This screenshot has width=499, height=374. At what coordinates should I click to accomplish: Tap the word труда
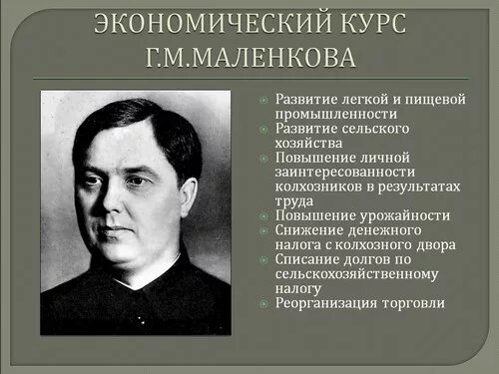click(x=291, y=199)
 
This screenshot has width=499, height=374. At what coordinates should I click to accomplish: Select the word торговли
click(x=417, y=303)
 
